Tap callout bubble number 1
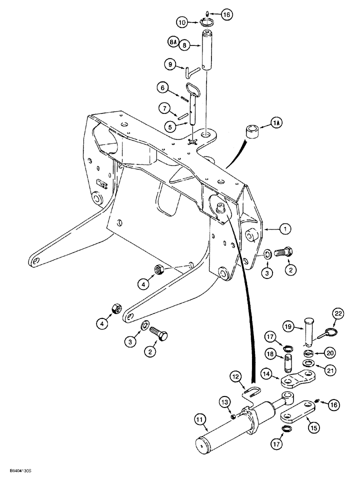pyautogui.click(x=284, y=229)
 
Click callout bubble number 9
pyautogui.click(x=171, y=64)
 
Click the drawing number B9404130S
pyautogui.click(x=20, y=484)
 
